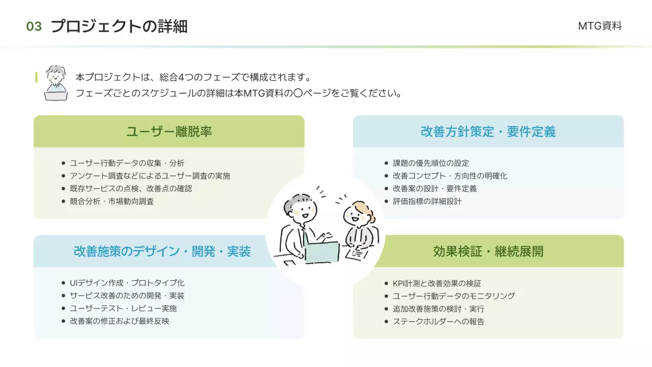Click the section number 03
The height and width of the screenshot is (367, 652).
pos(34,27)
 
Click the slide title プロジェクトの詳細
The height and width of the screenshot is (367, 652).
pos(119,26)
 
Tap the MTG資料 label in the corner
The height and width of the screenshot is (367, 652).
pos(600,26)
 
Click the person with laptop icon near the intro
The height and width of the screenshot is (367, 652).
pos(56,83)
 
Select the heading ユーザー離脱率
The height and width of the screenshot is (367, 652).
pos(169,132)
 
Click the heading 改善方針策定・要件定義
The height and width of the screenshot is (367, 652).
pos(488,132)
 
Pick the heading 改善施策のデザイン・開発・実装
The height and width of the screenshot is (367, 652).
pos(162,251)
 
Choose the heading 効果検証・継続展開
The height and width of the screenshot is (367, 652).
pos(488,251)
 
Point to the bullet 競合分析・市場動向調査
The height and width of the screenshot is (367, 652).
pos(112,201)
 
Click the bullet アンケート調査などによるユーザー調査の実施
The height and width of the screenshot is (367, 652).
pos(150,176)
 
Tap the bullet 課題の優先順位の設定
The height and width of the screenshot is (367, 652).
pos(431,163)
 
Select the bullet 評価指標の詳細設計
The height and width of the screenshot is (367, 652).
pos(427,201)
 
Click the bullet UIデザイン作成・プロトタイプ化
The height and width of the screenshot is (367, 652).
pos(127,283)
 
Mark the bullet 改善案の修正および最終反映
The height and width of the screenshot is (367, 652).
pos(119,321)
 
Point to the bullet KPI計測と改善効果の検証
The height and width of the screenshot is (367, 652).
pos(437,283)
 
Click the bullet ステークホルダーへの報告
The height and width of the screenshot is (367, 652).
pos(439,322)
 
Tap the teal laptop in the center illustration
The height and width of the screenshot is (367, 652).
pos(322,252)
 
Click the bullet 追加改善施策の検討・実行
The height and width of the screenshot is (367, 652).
pos(439,309)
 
